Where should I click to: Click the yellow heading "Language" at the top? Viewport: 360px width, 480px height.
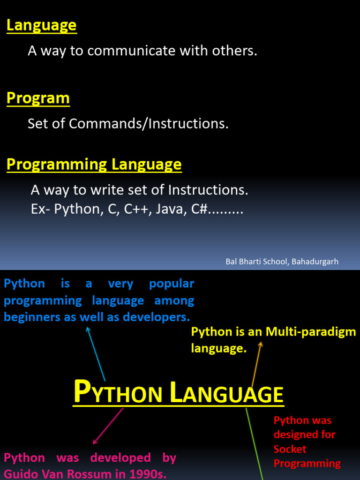(x=41, y=26)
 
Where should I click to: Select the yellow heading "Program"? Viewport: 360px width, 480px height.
(x=38, y=98)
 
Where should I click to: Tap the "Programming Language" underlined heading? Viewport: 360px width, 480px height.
(x=94, y=165)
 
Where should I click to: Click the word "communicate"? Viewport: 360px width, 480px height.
(x=131, y=51)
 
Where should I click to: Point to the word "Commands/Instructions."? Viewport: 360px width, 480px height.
(x=149, y=124)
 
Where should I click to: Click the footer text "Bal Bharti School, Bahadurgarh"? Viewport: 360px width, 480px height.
(x=282, y=262)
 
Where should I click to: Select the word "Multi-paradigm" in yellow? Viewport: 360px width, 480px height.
(x=311, y=332)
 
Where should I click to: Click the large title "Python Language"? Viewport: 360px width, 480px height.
(x=179, y=393)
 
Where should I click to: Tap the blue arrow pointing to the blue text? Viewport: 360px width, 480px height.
(x=96, y=354)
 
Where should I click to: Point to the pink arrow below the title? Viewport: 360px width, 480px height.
(x=108, y=426)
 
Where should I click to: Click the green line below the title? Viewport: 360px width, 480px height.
(x=254, y=443)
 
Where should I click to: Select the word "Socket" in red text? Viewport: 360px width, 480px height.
(x=290, y=449)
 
